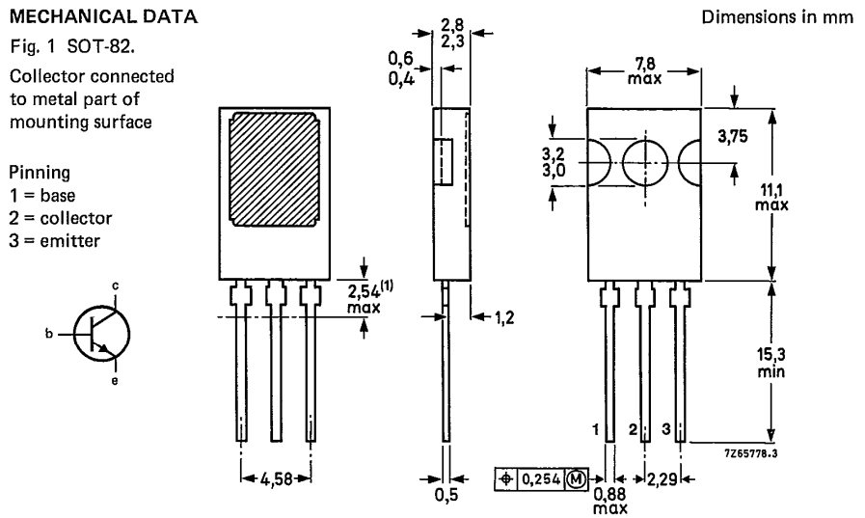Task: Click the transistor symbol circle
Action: coord(102,333)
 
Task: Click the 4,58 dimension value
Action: coord(275,477)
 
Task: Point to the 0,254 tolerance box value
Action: coord(540,477)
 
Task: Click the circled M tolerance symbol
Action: coord(576,477)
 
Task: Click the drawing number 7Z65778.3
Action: coord(749,447)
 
